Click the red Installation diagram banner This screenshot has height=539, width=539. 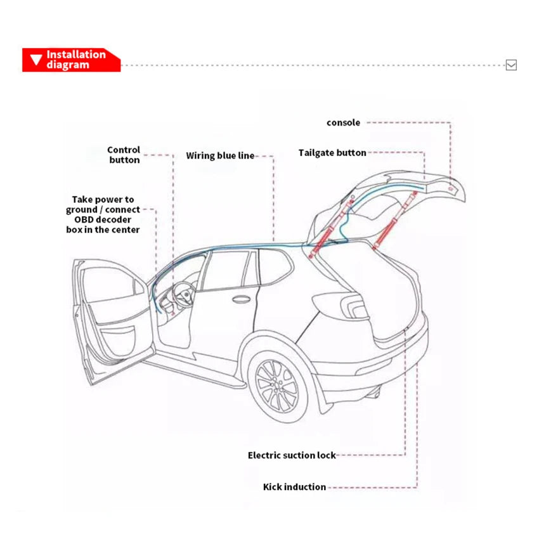(71, 60)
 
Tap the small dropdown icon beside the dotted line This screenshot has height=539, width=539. (511, 65)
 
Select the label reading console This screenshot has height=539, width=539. (343, 122)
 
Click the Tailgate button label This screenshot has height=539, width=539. (332, 153)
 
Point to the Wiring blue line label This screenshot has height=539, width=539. (220, 155)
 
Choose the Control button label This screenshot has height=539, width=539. (124, 155)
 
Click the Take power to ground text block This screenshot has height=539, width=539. (103, 214)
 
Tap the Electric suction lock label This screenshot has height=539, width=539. (292, 455)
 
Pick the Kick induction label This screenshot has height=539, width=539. (294, 487)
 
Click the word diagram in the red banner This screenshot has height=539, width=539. (67, 65)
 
